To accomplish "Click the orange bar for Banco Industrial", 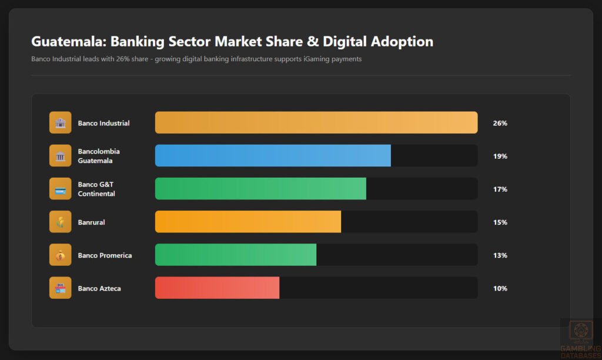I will [316, 122].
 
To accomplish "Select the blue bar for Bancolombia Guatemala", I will [273, 155].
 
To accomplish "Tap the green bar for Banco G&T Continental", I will [260, 188].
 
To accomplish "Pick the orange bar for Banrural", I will [248, 222].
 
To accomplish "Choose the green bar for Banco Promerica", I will [236, 255].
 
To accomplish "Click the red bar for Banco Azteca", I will [217, 288].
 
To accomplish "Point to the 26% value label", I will [500, 123].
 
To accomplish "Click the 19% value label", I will [500, 156].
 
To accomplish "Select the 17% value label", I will [500, 189].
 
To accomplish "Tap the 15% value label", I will [500, 222].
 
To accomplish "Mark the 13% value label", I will [500, 255].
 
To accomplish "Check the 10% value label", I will [500, 288].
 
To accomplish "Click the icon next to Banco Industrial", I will [60, 122].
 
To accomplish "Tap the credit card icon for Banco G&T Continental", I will [60, 189].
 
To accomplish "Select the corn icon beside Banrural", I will [60, 222].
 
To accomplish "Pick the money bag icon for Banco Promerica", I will [60, 255].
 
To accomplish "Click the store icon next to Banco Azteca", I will [60, 288].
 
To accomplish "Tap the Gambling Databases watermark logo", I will [580, 337].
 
